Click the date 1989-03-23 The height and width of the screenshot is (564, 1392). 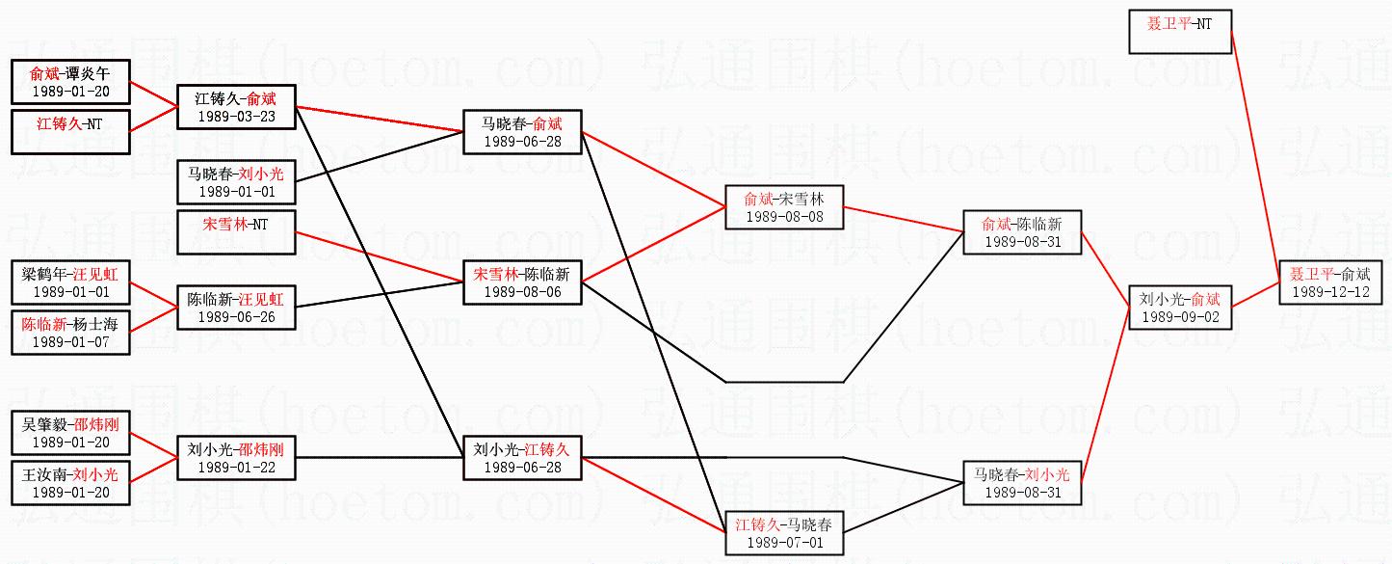(236, 116)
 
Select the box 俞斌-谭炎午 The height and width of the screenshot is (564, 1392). (70, 82)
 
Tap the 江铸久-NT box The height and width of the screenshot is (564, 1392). (70, 131)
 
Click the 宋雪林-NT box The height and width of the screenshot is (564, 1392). (236, 232)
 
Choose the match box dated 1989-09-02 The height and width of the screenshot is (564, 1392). (1179, 307)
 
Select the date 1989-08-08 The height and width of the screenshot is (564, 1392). (784, 217)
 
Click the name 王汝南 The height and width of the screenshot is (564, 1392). (45, 474)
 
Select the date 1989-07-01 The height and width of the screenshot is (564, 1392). (784, 542)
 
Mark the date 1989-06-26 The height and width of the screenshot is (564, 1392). (236, 316)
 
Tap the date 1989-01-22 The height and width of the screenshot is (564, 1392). (236, 467)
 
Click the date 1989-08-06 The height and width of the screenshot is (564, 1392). (522, 291)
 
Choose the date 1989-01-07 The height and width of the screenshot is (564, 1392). (70, 341)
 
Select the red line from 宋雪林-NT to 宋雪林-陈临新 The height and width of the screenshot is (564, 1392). (380, 256)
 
